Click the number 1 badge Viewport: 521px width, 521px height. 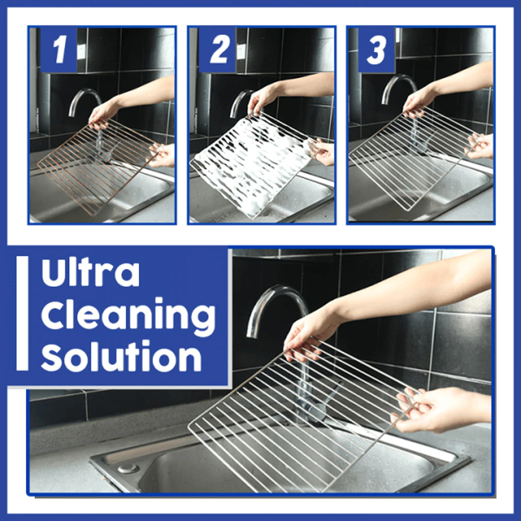click(x=59, y=50)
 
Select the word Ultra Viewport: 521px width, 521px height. click(x=90, y=274)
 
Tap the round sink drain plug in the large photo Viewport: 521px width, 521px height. click(x=128, y=468)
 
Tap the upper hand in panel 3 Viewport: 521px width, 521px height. click(x=420, y=99)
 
